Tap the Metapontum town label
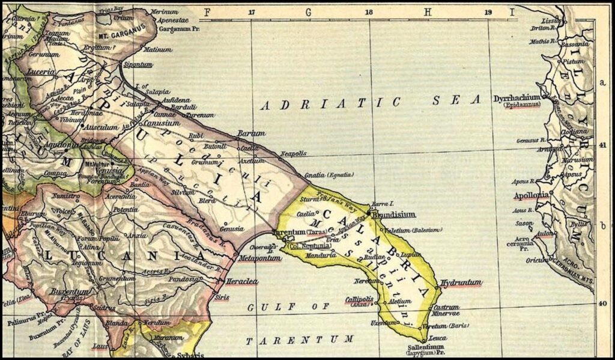259,258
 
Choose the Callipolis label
359,298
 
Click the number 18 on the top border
369,11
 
